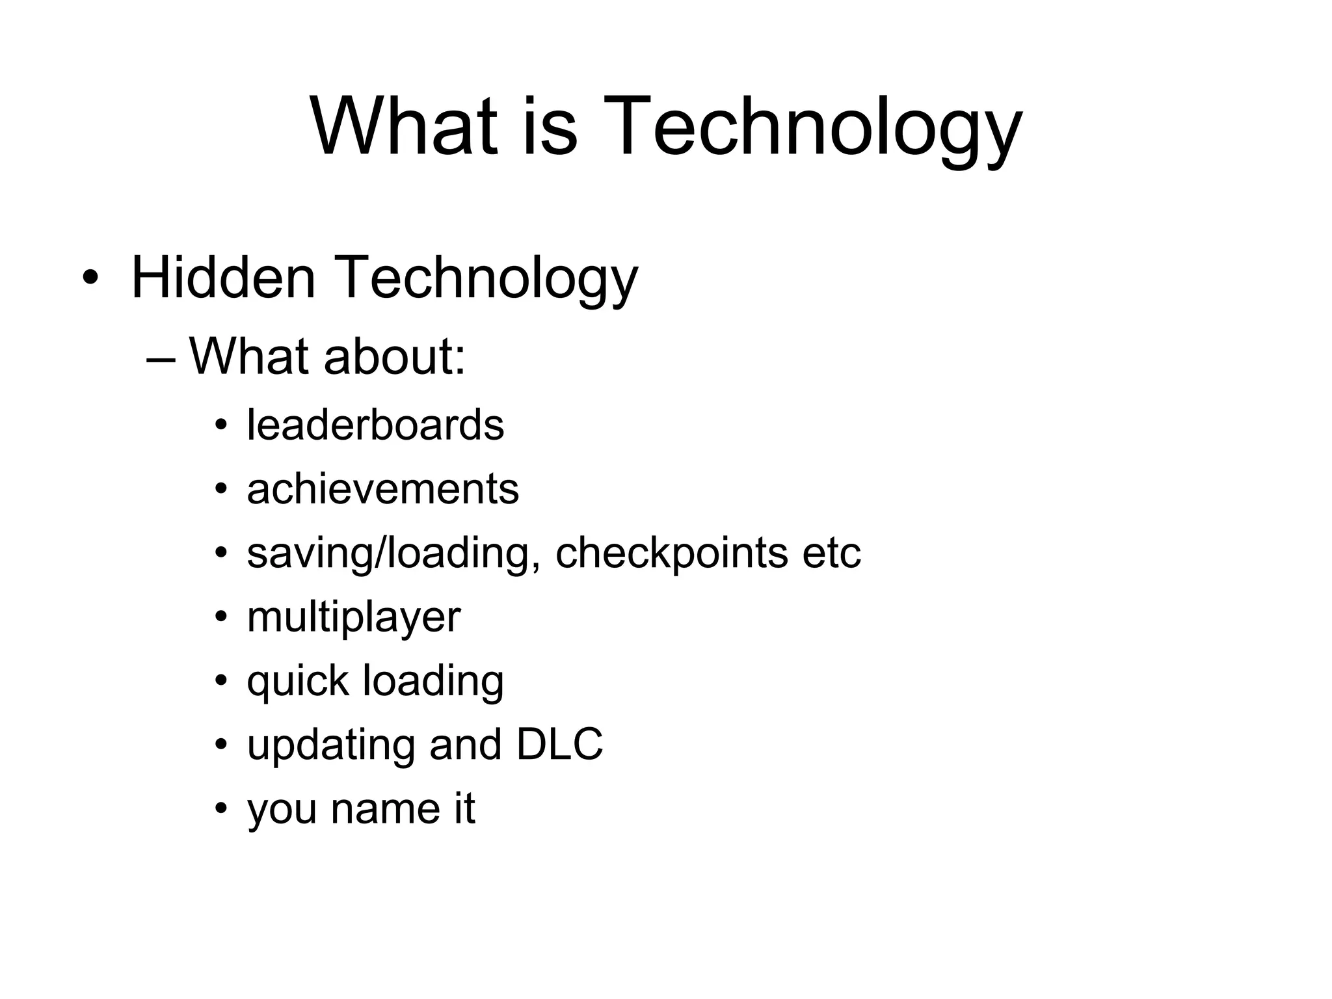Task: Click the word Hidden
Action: click(223, 278)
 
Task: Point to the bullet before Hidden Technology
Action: click(90, 279)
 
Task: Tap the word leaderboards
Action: click(375, 425)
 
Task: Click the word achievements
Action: click(382, 489)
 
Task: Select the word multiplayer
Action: click(354, 618)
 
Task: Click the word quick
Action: click(298, 682)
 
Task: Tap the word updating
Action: click(330, 745)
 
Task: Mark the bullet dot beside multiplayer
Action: click(222, 617)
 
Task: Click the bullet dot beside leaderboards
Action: click(222, 426)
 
